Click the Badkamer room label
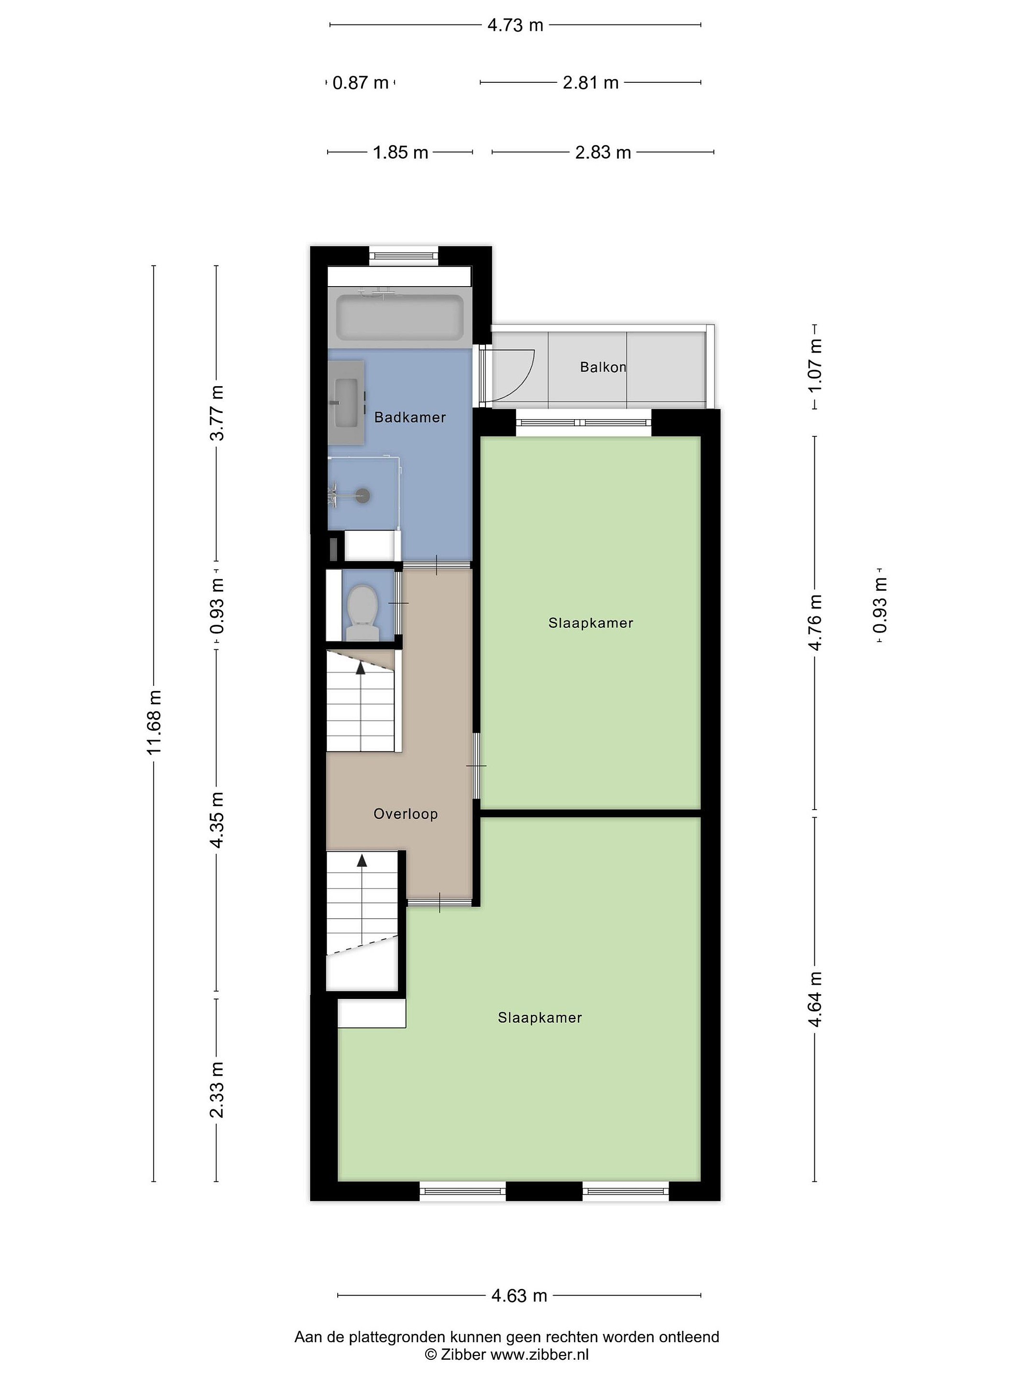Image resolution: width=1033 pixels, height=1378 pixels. tap(410, 417)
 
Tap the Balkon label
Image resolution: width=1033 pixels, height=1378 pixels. tap(603, 367)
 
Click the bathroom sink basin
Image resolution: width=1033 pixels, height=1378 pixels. tap(347, 402)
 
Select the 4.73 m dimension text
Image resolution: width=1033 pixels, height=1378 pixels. tap(515, 25)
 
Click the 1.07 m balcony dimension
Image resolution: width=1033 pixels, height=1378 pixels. tap(814, 366)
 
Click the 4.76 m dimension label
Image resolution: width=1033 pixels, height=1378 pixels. tap(814, 623)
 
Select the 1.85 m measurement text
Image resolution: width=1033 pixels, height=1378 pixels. tap(400, 152)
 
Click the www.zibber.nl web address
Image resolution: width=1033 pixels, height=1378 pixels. tap(539, 1354)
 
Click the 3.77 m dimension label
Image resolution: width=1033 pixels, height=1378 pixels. tap(216, 413)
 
